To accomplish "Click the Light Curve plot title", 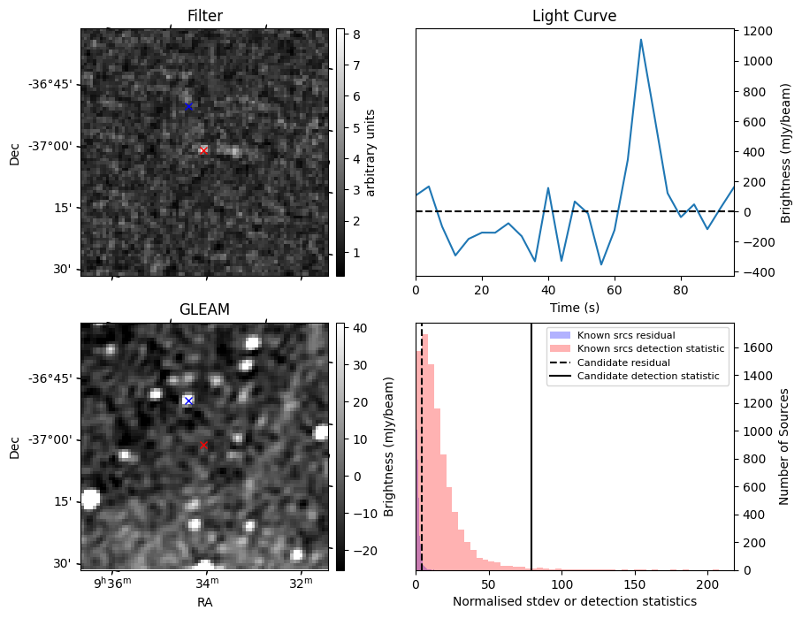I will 574,16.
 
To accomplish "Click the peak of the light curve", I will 641,40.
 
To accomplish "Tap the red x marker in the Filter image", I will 203,150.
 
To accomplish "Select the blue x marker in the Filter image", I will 188,106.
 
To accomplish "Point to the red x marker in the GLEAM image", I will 203,445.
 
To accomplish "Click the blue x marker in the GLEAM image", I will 187,401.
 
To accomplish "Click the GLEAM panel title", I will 204,309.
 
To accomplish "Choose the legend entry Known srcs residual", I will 626,335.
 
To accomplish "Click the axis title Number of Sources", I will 783,446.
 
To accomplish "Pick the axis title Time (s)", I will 574,306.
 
